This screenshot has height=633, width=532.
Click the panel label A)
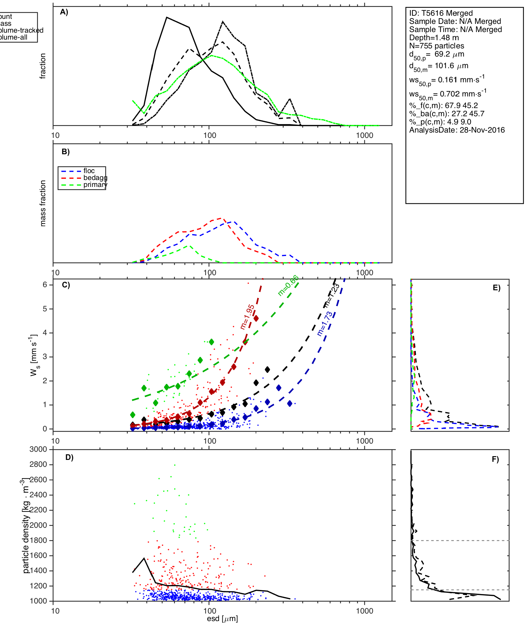click(x=64, y=12)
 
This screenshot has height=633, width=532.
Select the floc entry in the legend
click(x=89, y=171)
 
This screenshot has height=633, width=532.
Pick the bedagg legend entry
click(x=95, y=178)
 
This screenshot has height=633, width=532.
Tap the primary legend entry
click(x=95, y=185)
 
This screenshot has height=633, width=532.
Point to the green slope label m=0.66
click(x=288, y=286)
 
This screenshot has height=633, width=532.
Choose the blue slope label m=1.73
click(x=325, y=324)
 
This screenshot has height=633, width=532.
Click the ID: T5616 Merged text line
click(x=441, y=13)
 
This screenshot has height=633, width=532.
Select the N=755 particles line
click(x=437, y=46)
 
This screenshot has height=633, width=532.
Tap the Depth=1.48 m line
click(x=434, y=38)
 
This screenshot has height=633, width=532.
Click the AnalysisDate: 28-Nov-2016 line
click(x=457, y=130)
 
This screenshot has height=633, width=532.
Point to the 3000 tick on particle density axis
click(x=38, y=450)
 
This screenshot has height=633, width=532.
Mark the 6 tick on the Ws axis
click(x=45, y=285)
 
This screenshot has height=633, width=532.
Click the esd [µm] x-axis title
click(x=222, y=619)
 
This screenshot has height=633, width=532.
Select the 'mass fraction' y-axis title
click(x=43, y=203)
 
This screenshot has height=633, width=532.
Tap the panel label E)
click(x=496, y=288)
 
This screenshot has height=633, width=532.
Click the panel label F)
click(x=495, y=460)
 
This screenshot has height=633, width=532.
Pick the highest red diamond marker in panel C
click(x=256, y=319)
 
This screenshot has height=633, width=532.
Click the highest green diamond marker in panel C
click(x=211, y=342)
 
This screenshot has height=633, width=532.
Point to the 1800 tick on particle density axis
click(x=38, y=540)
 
